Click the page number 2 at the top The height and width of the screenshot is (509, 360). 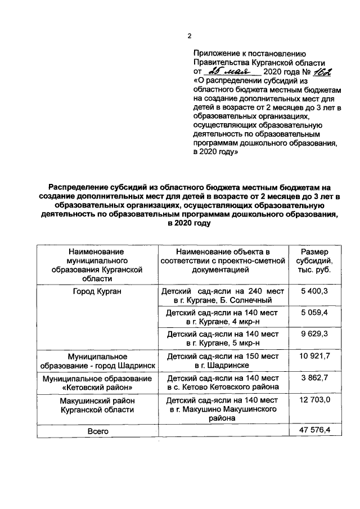(190, 37)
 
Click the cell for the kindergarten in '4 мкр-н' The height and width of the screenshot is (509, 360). (223, 317)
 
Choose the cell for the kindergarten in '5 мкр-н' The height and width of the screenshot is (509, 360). (223, 339)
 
